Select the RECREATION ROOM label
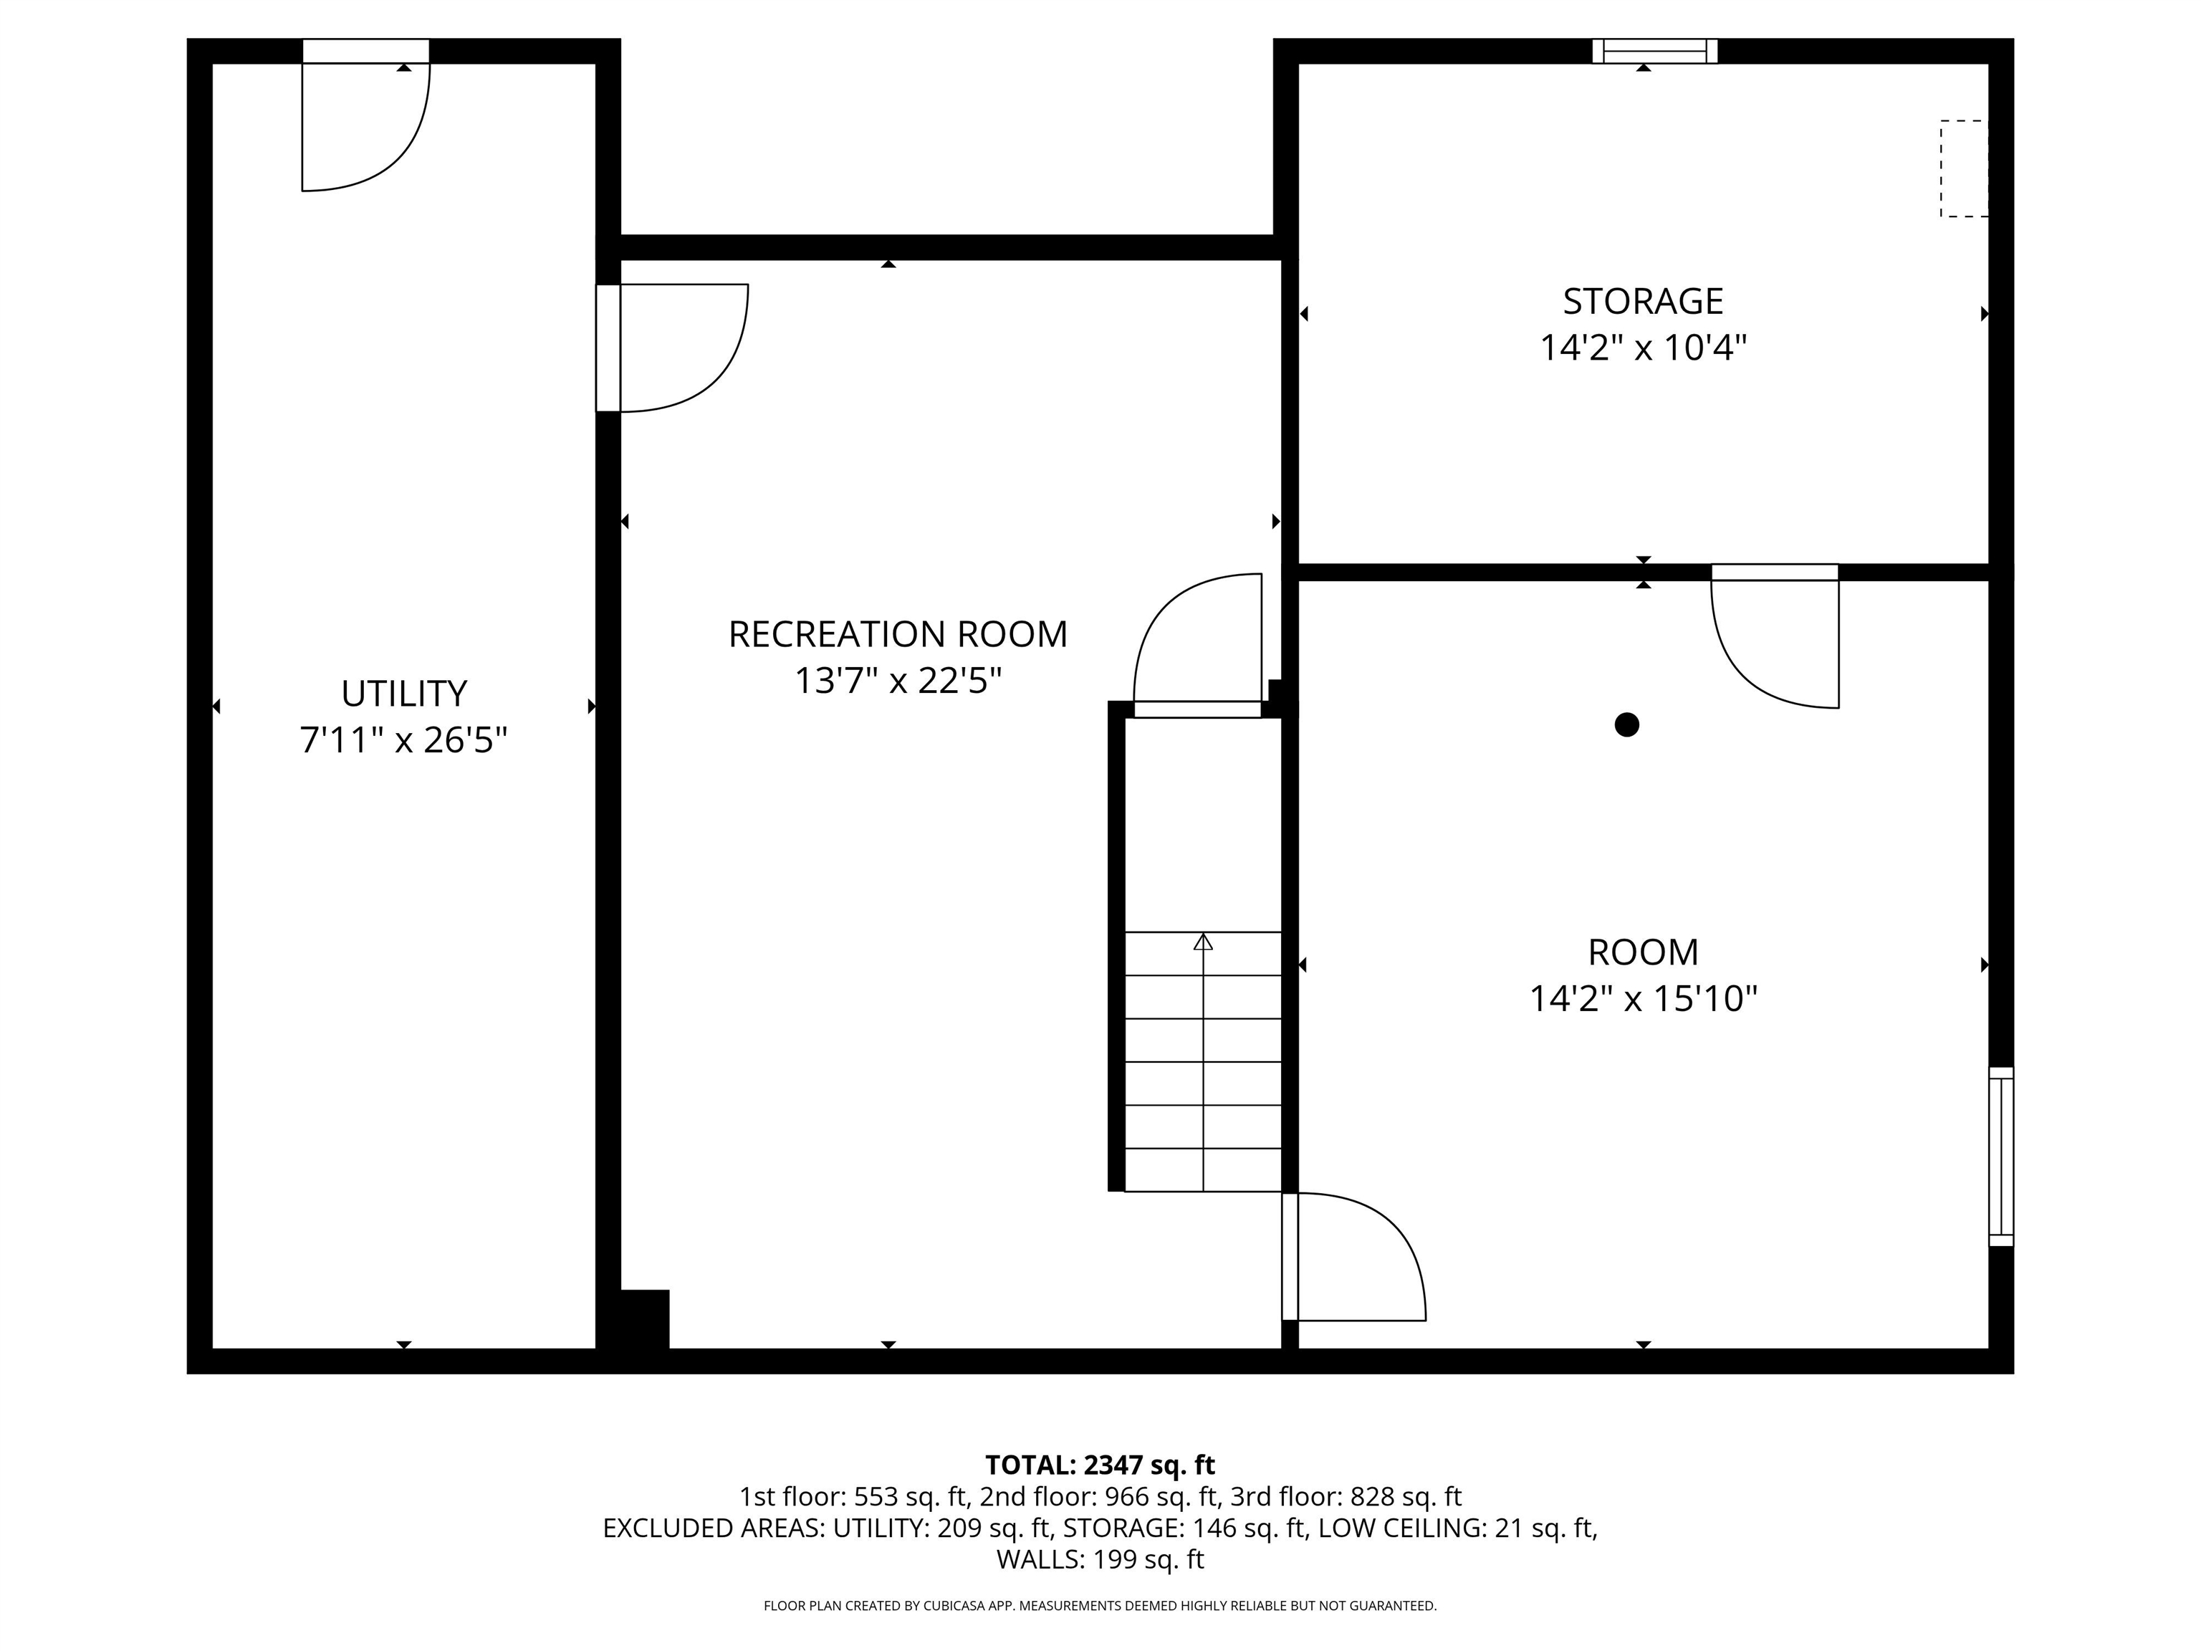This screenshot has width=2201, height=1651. (x=898, y=634)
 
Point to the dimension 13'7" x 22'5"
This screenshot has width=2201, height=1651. (x=898, y=681)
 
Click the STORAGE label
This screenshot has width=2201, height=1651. (x=1643, y=300)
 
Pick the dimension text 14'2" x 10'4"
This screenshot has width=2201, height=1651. (x=1643, y=348)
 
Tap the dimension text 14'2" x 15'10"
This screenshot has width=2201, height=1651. (x=1643, y=998)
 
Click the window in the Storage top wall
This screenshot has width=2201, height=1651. (x=1655, y=51)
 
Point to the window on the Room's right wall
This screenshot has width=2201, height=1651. (x=2001, y=1157)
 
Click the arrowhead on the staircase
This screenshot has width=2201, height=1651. (x=1203, y=942)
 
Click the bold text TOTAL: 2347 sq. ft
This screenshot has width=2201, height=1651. (x=1100, y=1465)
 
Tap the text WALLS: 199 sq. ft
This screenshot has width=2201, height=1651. (x=1100, y=1559)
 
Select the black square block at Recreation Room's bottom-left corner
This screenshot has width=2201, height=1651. (x=644, y=1319)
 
